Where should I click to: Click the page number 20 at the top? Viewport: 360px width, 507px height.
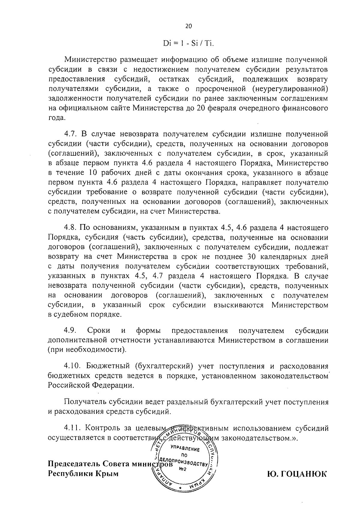click(188, 26)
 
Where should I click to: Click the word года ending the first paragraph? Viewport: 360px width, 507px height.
click(56, 118)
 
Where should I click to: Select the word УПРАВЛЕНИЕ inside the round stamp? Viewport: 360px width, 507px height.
click(185, 449)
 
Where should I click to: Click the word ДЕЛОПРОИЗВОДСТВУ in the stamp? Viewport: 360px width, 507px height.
click(184, 462)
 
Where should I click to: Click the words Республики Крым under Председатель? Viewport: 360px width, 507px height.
click(83, 474)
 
